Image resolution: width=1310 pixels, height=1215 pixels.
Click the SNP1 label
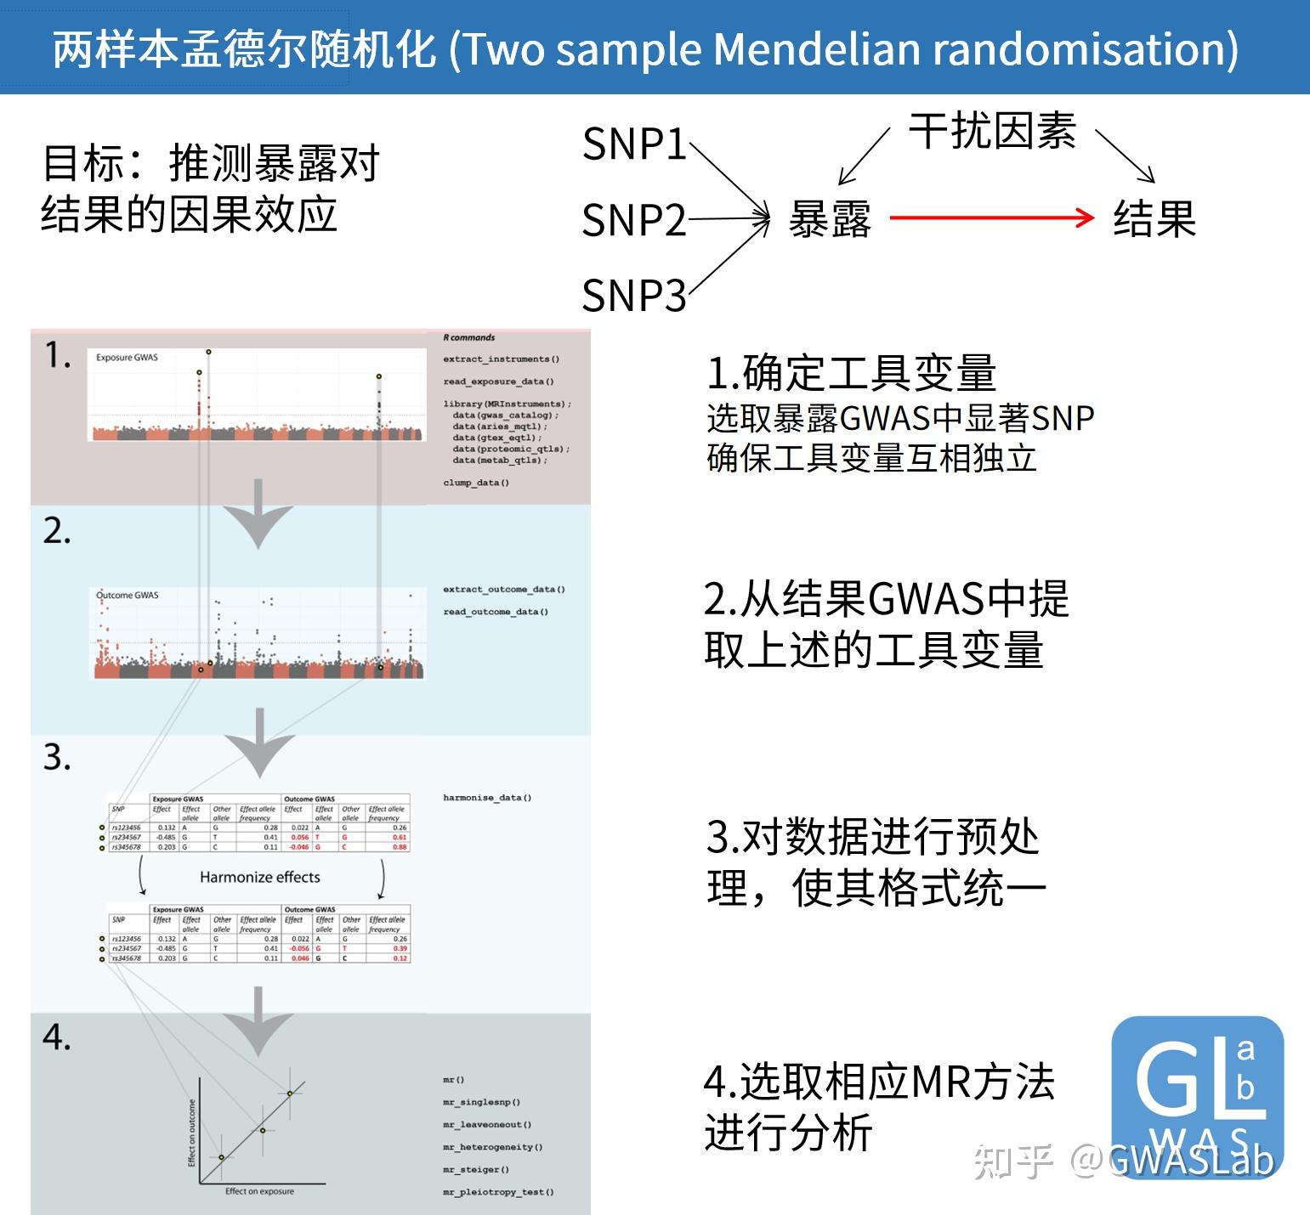pos(634,144)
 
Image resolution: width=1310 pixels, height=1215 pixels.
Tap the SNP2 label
pos(634,221)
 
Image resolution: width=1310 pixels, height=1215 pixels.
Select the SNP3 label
pos(634,296)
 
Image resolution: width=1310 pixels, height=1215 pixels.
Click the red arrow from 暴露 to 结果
pos(991,218)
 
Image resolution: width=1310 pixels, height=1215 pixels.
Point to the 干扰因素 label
pos(992,132)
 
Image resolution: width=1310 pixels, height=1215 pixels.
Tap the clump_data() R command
pos(476,483)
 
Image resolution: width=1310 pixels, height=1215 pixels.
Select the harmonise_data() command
pos(487,798)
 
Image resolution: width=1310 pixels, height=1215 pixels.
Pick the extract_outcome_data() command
pos(504,589)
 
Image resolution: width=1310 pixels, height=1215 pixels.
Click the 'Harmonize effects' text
pos(260,877)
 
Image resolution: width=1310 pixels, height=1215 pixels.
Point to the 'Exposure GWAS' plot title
pos(127,358)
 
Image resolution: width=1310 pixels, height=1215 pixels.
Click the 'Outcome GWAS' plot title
pos(128,595)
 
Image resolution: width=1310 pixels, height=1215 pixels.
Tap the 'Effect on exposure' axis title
pos(259,1191)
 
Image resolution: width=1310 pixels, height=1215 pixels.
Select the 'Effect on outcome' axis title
pos(192,1133)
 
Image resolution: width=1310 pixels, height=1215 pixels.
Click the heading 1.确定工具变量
pos(851,372)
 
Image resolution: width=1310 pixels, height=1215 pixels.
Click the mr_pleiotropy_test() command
pos(498,1192)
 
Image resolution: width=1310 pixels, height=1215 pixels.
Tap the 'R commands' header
pos(469,337)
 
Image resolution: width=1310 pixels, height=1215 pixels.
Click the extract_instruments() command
pos(501,359)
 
